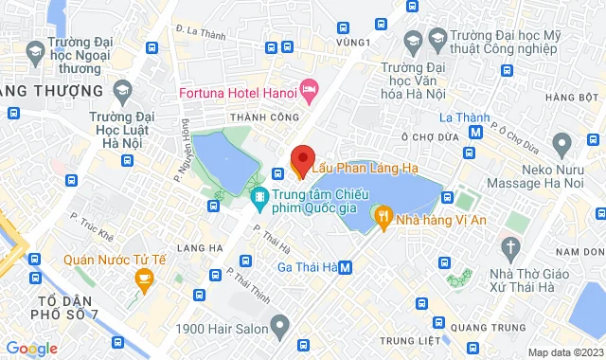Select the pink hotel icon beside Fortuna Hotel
point(308,91)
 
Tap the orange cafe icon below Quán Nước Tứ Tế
point(144,278)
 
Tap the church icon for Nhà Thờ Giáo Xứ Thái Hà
point(512,250)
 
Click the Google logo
point(31,348)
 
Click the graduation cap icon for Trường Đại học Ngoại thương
point(35,48)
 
